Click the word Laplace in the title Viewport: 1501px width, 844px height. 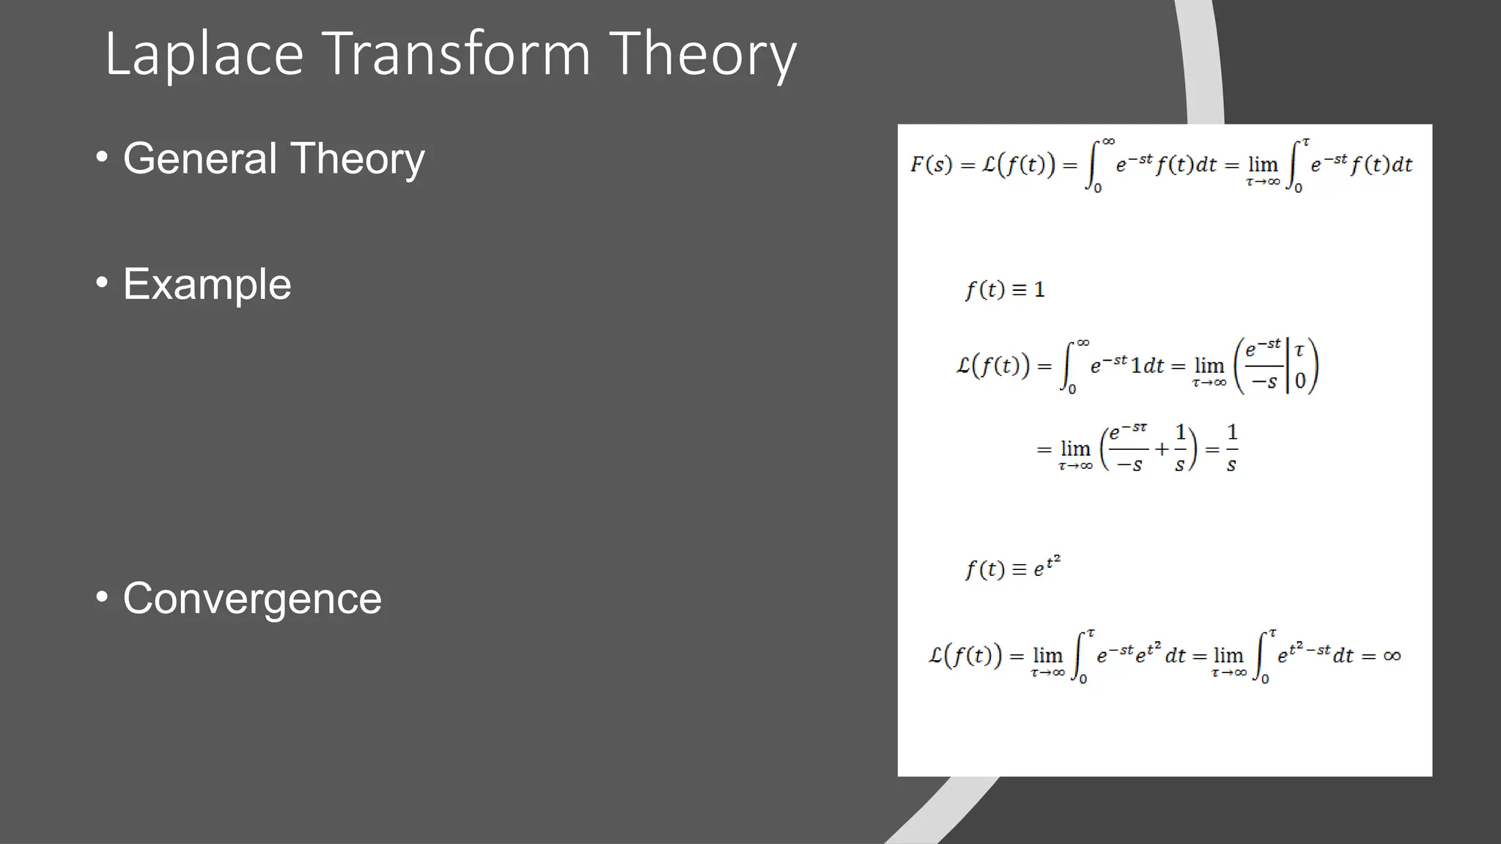tap(204, 54)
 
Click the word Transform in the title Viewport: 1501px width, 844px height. tap(456, 54)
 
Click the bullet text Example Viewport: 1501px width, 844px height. tap(207, 284)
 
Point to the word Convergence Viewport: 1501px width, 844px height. tap(252, 599)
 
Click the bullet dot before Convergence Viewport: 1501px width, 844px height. tap(103, 596)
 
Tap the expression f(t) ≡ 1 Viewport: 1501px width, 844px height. tap(1005, 290)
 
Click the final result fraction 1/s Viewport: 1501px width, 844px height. tap(1232, 448)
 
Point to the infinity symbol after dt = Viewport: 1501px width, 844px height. tap(1392, 656)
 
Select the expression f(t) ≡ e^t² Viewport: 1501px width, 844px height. tap(1012, 568)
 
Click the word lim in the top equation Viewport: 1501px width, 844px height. tap(1263, 164)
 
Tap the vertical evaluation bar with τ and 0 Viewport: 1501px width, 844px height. tap(1288, 366)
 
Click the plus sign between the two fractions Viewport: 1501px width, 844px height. tap(1162, 448)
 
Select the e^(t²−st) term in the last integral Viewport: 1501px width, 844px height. tap(1304, 654)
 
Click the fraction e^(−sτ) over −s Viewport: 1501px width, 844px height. tap(1129, 448)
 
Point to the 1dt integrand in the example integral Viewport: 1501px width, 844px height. tap(1147, 366)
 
